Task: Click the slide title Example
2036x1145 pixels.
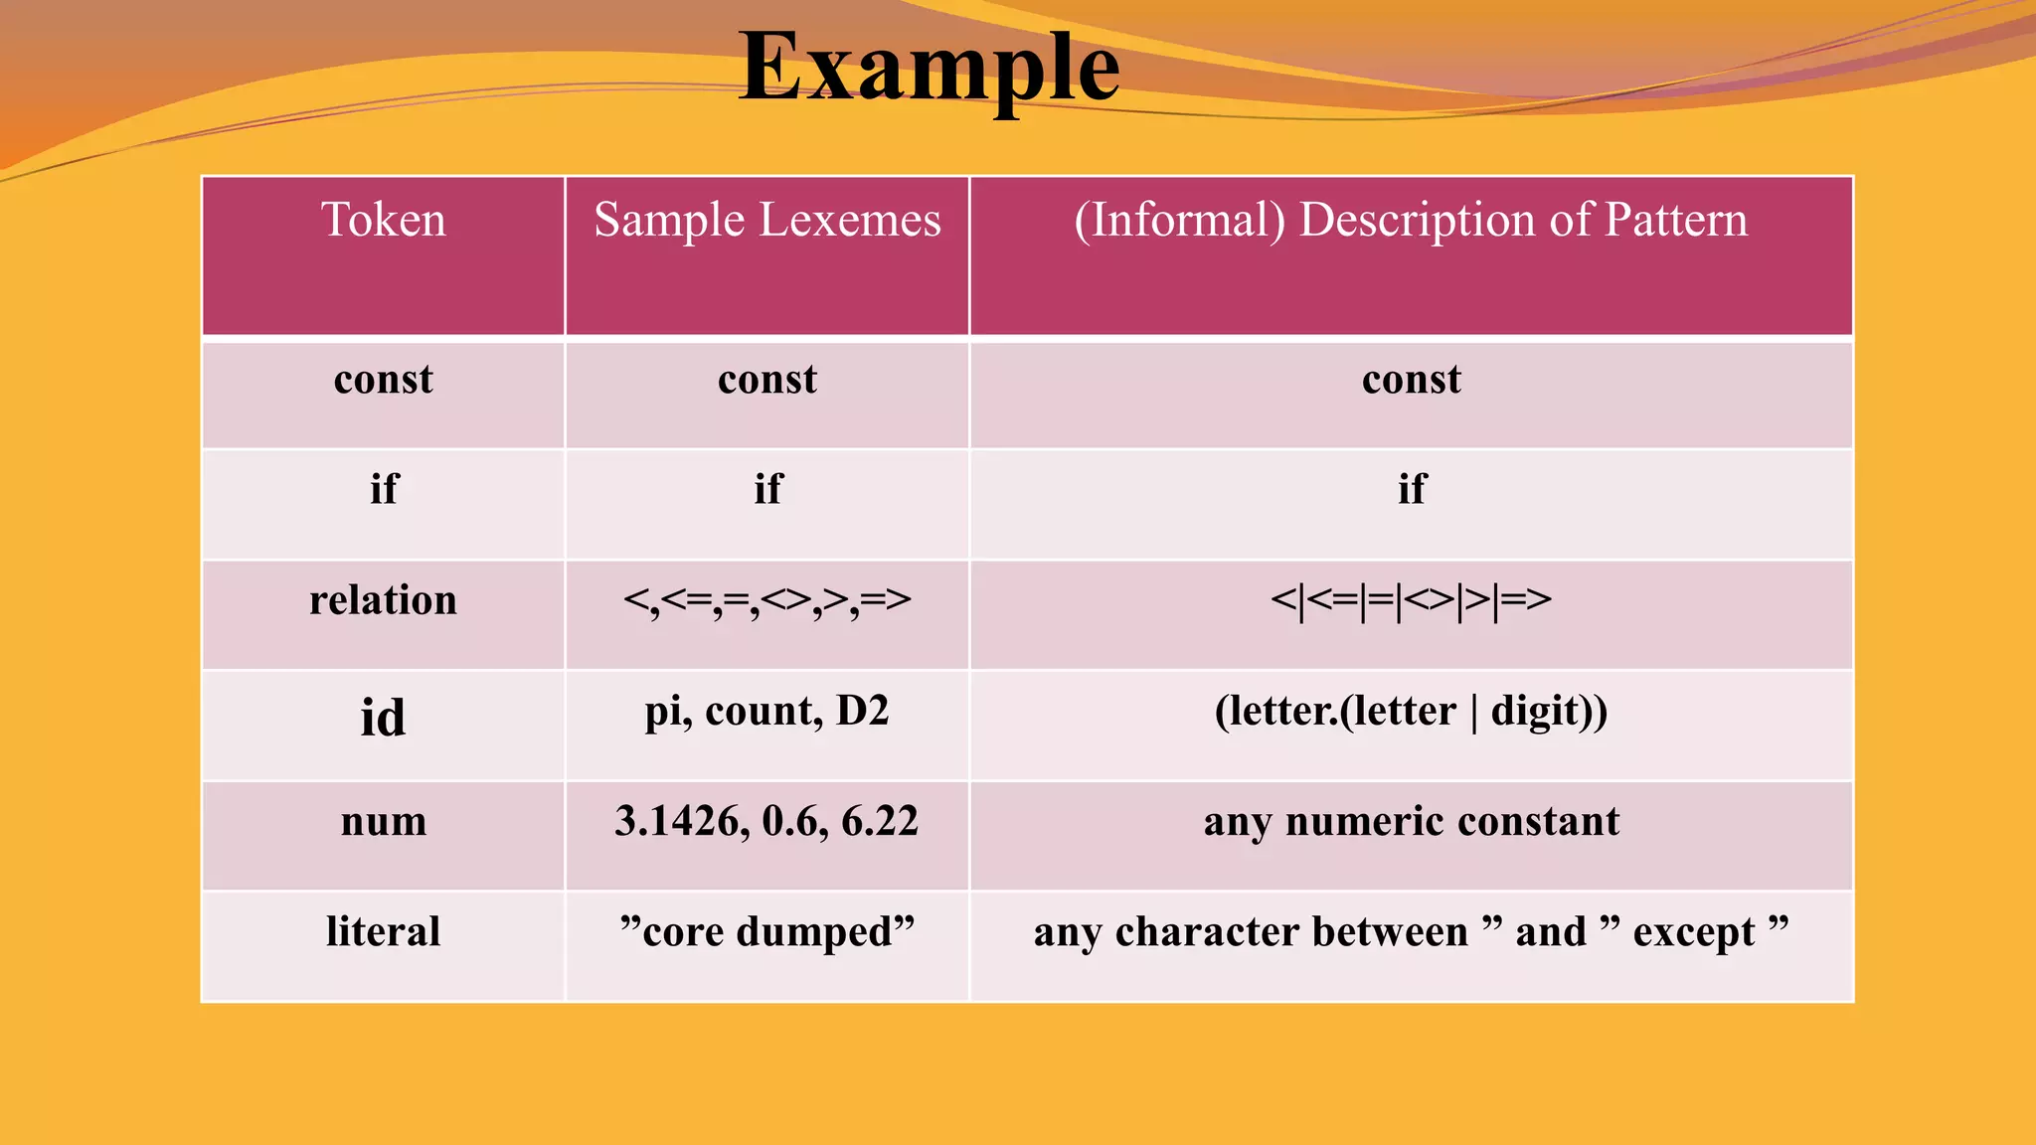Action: (930, 68)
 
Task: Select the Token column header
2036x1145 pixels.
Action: (384, 220)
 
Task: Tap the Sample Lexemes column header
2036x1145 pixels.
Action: (766, 220)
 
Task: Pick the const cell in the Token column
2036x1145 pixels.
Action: (384, 380)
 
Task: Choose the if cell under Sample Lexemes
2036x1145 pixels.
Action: (767, 489)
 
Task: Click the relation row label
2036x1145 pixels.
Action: (384, 600)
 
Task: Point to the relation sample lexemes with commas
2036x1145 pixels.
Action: (766, 600)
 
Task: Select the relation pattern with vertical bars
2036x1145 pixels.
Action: (1411, 600)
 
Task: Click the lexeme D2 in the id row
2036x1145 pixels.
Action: (862, 712)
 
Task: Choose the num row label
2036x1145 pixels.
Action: (384, 822)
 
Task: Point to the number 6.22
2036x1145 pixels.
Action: (880, 822)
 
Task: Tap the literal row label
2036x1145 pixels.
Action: (384, 932)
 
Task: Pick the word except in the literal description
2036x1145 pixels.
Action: (1694, 932)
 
